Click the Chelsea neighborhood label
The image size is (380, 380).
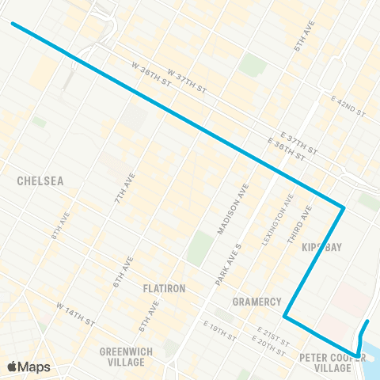[x=40, y=180]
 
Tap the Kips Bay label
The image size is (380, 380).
[x=321, y=248]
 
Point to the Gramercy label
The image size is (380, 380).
[x=257, y=302]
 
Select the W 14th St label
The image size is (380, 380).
[x=76, y=313]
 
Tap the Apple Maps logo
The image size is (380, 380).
[x=28, y=367]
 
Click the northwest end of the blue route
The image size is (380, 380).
[x=13, y=24]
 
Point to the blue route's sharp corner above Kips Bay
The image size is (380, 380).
[x=343, y=208]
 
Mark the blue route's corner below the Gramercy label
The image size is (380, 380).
[x=285, y=318]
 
